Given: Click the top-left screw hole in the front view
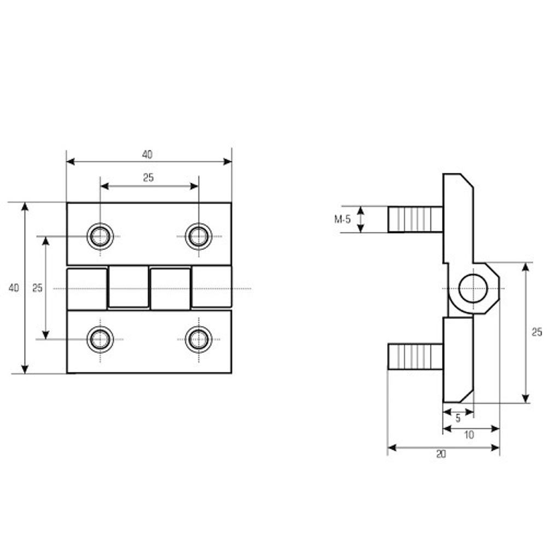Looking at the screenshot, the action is [x=100, y=236].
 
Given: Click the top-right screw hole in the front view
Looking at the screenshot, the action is [x=199, y=236].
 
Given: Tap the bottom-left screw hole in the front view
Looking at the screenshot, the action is [x=100, y=339].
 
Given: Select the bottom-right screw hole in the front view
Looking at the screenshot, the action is [x=199, y=339].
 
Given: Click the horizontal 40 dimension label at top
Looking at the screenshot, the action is [x=147, y=155].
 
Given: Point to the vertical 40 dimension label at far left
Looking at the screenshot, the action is [x=14, y=288].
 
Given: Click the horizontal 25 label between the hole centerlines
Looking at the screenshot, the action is [x=148, y=178].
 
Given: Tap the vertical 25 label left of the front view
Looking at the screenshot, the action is [x=37, y=288].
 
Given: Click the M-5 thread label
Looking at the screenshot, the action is [x=342, y=219].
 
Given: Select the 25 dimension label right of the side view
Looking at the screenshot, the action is [x=537, y=332].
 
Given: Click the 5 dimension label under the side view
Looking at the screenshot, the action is [x=458, y=418].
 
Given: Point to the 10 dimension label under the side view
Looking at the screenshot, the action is [x=469, y=435].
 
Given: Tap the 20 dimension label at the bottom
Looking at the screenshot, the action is [x=441, y=454].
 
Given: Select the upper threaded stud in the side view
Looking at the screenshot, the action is [x=416, y=219].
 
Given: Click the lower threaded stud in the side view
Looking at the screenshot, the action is [x=416, y=357].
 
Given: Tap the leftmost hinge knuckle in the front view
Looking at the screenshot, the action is [x=87, y=289].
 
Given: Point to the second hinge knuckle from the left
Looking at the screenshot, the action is [x=129, y=287].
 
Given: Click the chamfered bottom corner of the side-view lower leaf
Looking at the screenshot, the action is [x=467, y=396].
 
